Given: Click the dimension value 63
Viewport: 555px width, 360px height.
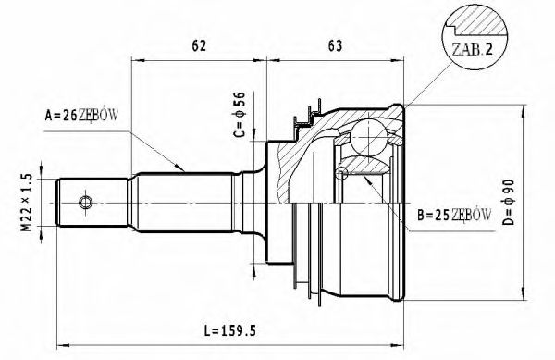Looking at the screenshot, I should coord(335,43).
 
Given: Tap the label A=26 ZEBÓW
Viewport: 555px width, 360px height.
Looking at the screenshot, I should coord(84,116).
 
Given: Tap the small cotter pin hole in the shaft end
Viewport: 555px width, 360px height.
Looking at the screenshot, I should coord(86,202).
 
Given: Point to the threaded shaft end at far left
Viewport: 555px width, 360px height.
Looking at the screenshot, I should coord(79,202).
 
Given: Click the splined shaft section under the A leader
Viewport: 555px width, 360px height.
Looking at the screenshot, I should coord(185,202).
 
